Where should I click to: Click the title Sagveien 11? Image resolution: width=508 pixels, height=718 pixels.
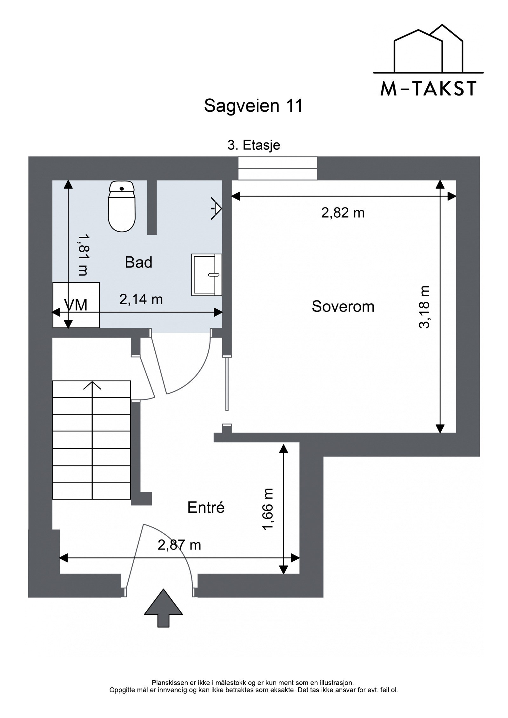pos(253,106)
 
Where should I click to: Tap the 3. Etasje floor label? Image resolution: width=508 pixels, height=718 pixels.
pos(254,145)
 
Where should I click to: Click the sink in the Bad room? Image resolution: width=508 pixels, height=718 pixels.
pos(207,275)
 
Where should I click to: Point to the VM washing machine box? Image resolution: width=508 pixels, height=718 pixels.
pos(76,305)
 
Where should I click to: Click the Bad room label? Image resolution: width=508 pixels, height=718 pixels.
pos(138,262)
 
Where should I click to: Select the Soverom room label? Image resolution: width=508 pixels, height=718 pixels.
pos(343,306)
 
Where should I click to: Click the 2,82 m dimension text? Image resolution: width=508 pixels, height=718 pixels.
pos(343,213)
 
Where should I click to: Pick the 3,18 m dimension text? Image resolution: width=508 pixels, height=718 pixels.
pos(424,307)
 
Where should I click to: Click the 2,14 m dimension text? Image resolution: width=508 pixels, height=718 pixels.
pos(141,299)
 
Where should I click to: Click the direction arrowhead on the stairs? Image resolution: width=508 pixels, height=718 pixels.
pos(92,385)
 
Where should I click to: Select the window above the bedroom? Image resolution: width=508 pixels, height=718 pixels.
pos(277,168)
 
